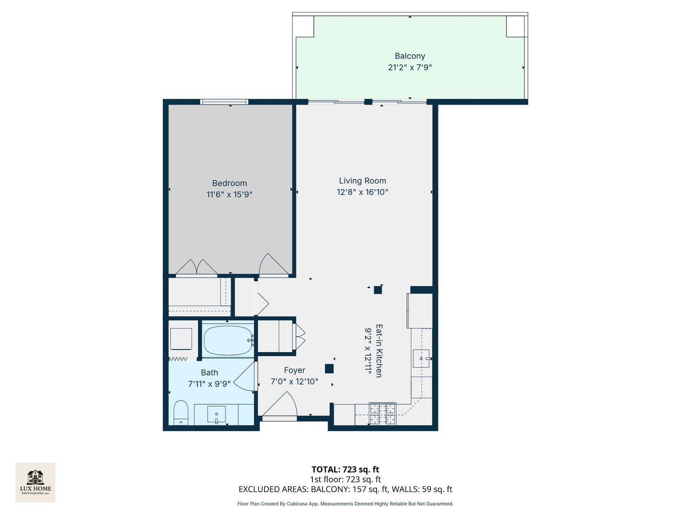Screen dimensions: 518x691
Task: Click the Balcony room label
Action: [410, 56]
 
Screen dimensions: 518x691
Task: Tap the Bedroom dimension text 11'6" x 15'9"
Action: [229, 194]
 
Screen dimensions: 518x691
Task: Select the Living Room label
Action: [362, 181]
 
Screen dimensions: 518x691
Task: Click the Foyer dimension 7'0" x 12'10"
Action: [294, 382]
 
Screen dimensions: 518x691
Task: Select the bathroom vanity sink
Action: [216, 414]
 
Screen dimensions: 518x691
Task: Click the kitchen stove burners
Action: [382, 413]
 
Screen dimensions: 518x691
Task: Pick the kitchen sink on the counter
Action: [421, 358]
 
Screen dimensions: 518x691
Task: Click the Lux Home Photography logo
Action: [36, 482]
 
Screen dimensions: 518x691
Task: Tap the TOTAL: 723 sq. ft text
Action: [345, 470]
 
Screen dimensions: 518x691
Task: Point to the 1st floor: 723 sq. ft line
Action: [345, 479]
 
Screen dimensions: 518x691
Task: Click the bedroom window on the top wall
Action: [224, 102]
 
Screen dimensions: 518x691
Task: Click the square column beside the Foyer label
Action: [329, 369]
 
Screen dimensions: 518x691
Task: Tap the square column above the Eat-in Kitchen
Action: [378, 290]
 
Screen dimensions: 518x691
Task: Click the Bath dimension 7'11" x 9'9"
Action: [209, 384]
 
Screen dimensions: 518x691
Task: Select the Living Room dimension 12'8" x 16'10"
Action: [362, 192]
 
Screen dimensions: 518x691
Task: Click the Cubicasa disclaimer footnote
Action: [345, 504]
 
